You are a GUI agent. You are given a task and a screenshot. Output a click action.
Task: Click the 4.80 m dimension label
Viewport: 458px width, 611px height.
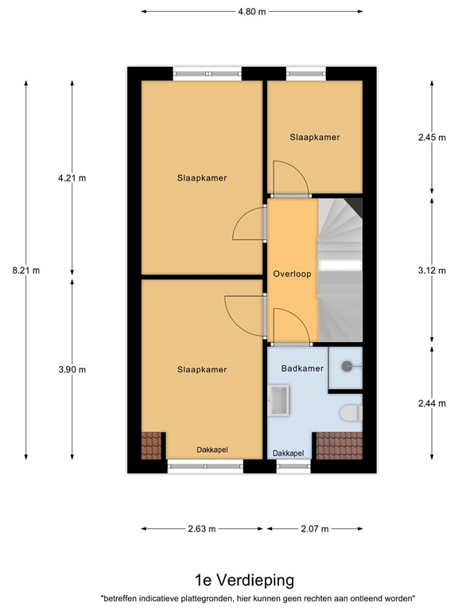252,11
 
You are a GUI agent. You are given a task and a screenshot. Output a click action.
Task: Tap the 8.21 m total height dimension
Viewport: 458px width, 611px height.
25,270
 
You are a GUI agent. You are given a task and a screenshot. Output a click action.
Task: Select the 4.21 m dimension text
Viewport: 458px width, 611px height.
72,178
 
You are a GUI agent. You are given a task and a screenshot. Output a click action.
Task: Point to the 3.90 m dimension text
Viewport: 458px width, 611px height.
72,369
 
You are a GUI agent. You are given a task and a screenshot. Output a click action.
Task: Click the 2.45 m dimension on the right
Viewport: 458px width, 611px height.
432,137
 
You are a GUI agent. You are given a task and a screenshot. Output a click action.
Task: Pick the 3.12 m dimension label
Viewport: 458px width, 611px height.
432,270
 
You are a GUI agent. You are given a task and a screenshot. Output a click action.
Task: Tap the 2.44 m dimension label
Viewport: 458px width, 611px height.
432,403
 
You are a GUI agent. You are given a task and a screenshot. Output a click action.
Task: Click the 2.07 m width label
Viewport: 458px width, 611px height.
315,527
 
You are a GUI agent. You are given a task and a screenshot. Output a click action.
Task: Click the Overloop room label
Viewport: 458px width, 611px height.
292,274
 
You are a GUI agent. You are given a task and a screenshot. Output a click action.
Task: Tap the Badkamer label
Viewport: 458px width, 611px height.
301,369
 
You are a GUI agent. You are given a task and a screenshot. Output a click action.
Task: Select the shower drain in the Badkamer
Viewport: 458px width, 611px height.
347,366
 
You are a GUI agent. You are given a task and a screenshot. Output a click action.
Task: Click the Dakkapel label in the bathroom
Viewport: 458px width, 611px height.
288,453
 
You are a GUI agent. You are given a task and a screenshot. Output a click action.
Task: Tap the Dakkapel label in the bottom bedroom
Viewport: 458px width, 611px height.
212,449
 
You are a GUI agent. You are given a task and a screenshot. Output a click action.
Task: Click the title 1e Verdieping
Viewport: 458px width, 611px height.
232,580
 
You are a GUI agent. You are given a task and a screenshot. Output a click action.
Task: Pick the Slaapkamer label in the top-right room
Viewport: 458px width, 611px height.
315,137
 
